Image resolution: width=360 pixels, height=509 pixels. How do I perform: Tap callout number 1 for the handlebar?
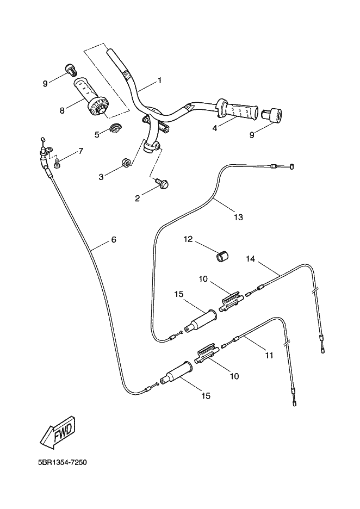point(160,80)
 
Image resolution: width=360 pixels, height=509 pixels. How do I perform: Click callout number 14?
point(251,259)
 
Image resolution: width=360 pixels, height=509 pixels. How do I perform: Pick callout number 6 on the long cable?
point(114,239)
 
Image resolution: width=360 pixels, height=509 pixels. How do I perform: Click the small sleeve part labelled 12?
point(222,256)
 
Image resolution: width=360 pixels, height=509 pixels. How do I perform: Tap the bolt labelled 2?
point(162,185)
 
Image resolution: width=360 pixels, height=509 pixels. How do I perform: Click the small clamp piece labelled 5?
point(115,129)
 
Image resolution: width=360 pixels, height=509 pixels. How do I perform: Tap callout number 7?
point(81,151)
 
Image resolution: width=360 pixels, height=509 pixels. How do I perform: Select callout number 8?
point(62,110)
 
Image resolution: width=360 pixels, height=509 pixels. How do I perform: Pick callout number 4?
point(215,129)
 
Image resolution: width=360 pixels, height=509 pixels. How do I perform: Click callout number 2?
point(138,198)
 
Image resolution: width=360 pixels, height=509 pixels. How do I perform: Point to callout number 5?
point(97,134)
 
